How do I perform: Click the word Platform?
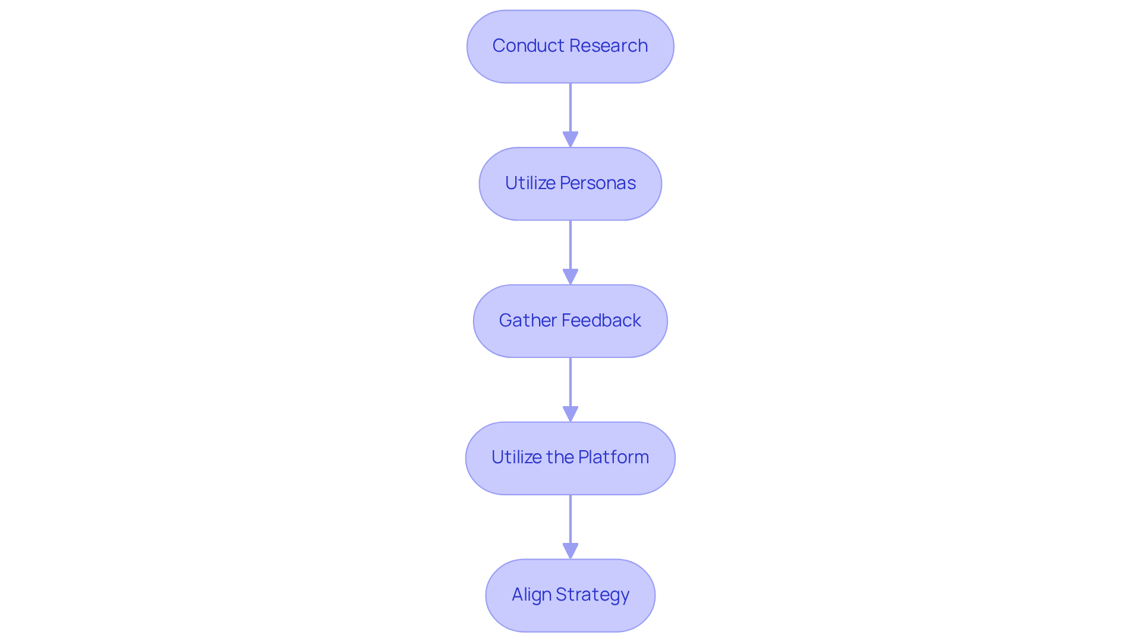tap(613, 457)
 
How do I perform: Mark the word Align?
tap(531, 595)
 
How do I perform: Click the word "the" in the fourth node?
tap(559, 457)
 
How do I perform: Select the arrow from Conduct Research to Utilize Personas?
tap(570, 110)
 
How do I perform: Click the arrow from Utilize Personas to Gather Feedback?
tap(570, 247)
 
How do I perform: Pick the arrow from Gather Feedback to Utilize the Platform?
tap(570, 384)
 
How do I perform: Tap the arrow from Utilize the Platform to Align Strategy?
tap(570, 520)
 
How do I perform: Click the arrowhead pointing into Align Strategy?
tap(570, 551)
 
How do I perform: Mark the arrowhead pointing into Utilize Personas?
tap(570, 140)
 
